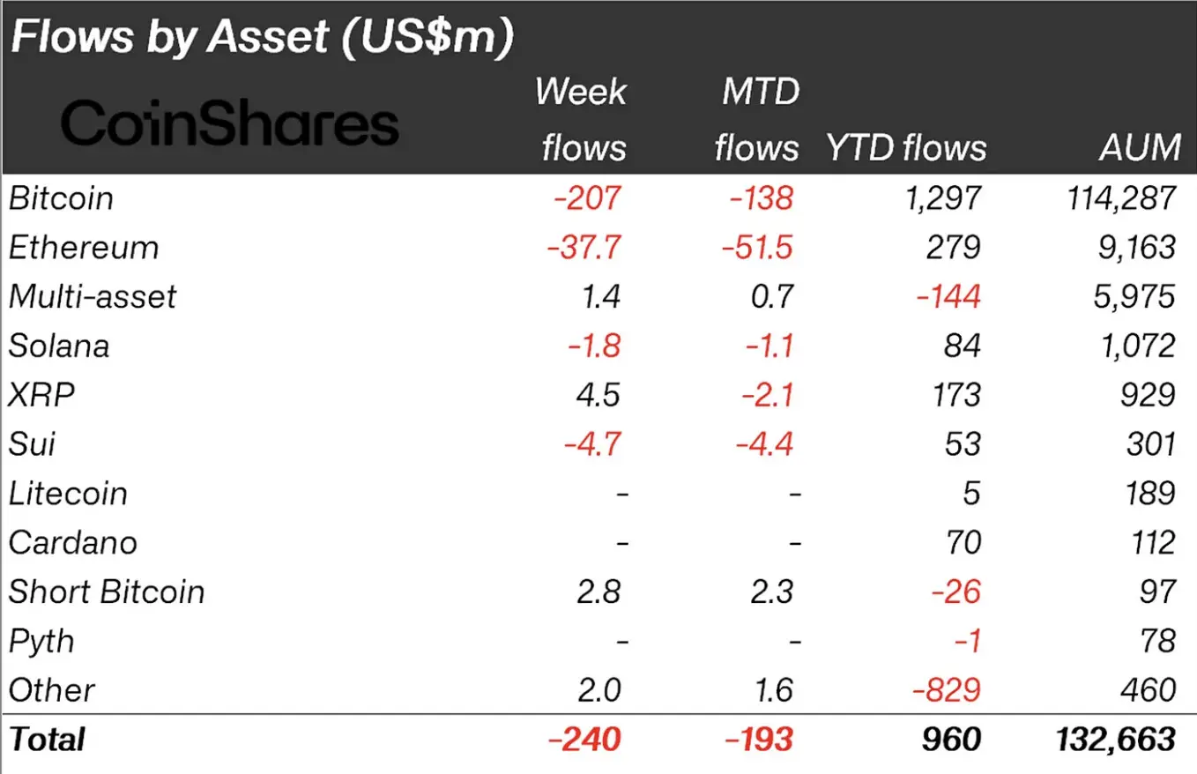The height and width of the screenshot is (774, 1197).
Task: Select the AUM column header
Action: tap(1140, 146)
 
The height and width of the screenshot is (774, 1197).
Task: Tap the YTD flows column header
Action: tap(906, 148)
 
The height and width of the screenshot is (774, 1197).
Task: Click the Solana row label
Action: tap(59, 346)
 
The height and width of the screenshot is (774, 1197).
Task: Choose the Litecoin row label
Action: tap(68, 493)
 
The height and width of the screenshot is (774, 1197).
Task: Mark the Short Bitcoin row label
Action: tap(107, 591)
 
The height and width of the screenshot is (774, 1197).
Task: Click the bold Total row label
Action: tap(47, 739)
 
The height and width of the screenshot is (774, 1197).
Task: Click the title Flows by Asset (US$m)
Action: tap(262, 39)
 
